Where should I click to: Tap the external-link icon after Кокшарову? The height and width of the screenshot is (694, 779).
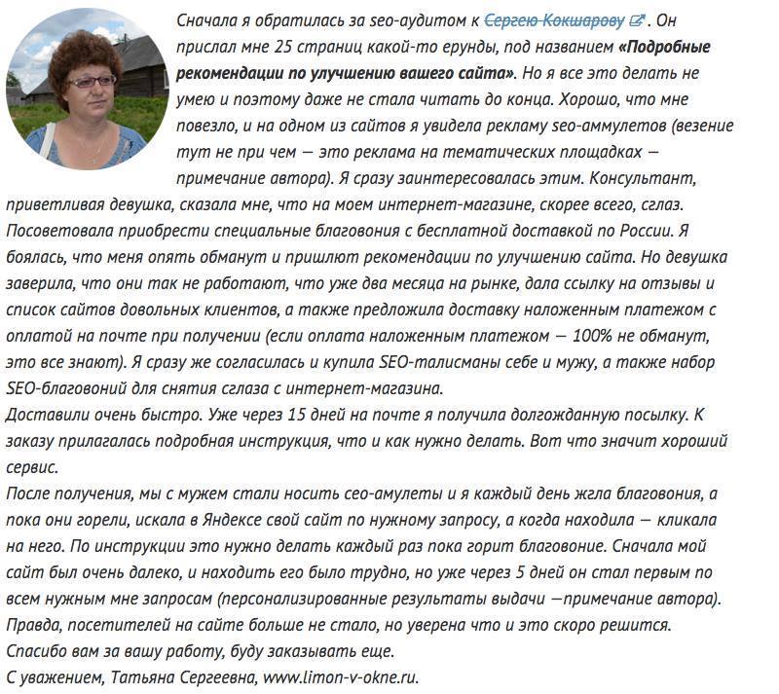(637, 19)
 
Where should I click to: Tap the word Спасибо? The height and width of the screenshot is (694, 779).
(38, 650)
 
